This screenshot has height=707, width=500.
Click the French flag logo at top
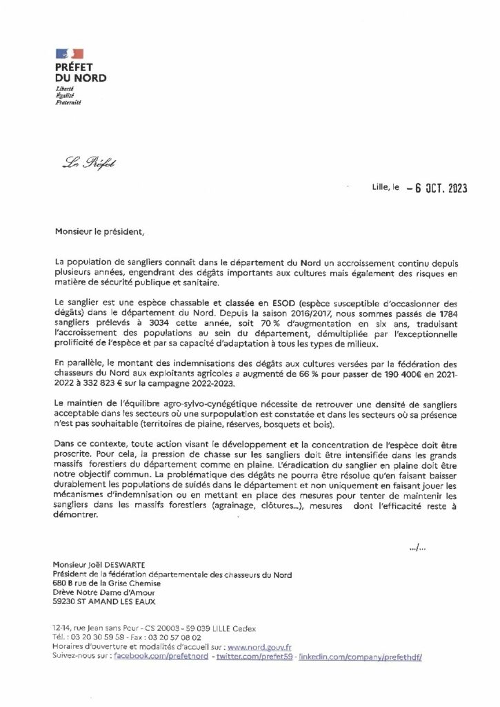click(69, 54)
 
